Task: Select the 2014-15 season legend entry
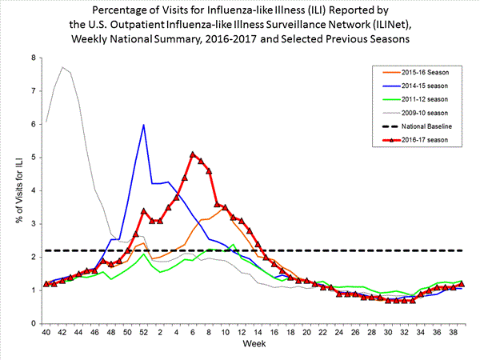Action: click(x=422, y=82)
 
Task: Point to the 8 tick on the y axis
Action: click(x=33, y=58)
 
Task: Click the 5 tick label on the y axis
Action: click(x=33, y=158)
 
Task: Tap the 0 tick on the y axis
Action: click(x=33, y=323)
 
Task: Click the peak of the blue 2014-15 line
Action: click(x=143, y=125)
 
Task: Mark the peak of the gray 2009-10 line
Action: click(x=62, y=67)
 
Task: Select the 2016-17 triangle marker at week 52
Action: click(x=143, y=211)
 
